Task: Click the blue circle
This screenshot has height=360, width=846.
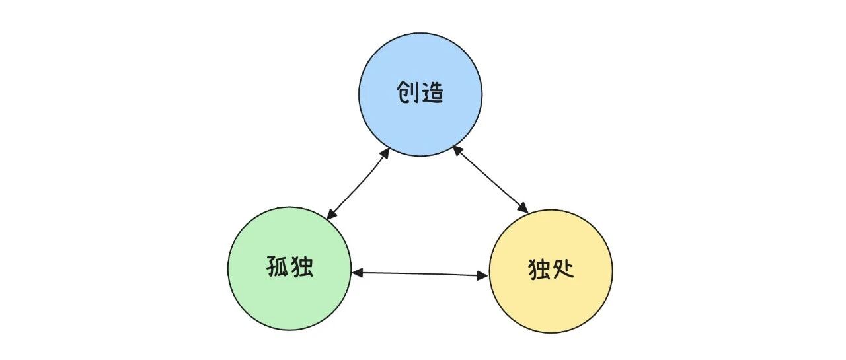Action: pos(420,94)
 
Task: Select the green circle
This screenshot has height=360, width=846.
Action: pos(289,268)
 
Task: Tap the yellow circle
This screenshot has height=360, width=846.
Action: pos(551,271)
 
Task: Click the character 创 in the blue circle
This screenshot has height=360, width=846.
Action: pos(406,92)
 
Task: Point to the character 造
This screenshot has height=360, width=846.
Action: pos(432,92)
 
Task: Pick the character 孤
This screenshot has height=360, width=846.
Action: pos(278,266)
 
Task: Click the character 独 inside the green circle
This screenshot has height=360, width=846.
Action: pos(302,266)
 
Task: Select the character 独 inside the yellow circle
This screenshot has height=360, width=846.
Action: pos(539,269)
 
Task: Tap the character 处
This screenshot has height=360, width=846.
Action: pos(562,269)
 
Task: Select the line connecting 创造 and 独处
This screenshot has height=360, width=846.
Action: pos(490,179)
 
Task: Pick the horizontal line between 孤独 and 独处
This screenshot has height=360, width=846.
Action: pos(420,274)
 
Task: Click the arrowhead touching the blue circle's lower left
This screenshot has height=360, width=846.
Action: pos(385,153)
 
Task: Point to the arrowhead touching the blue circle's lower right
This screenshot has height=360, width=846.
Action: pos(457,150)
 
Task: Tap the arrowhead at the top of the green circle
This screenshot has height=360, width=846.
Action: pos(330,214)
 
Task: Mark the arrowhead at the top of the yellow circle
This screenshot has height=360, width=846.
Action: pos(523,208)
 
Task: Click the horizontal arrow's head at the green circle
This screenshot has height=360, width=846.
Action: pos(358,272)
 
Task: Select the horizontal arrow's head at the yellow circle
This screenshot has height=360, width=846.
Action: pos(483,276)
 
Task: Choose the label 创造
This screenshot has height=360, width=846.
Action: pos(420,92)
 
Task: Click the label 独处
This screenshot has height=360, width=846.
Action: pos(551,269)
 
